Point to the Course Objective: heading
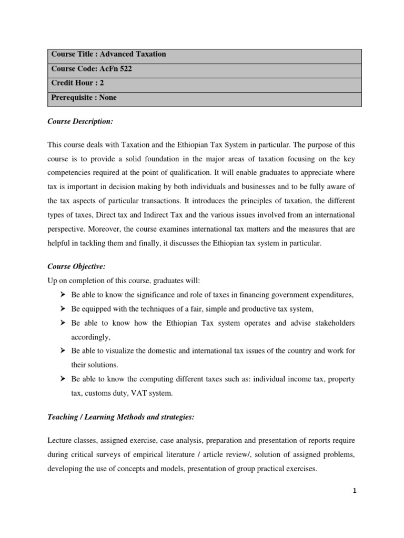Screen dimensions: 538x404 [77, 267]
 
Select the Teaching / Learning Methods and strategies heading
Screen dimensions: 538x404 [121, 417]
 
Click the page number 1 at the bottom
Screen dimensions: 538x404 [355, 491]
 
